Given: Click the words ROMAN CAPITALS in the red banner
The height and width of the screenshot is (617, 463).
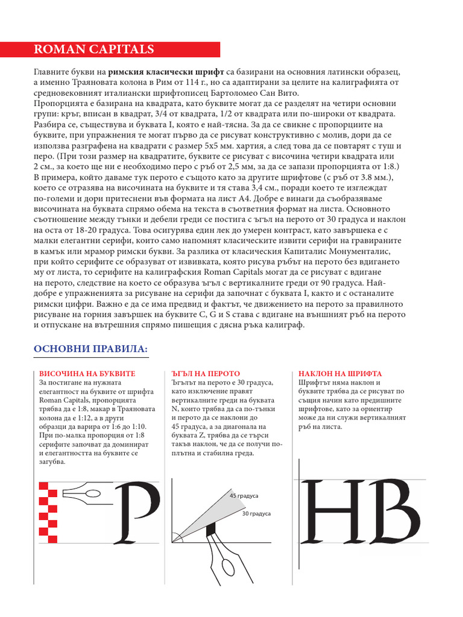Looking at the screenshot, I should click(x=93, y=50).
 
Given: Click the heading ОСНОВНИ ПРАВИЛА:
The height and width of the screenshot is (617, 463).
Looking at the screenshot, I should click(x=90, y=350).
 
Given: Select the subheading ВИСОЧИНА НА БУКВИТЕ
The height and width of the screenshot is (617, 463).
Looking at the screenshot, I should click(x=87, y=374).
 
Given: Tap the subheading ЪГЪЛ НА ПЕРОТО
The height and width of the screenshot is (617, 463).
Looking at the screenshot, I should click(x=206, y=374).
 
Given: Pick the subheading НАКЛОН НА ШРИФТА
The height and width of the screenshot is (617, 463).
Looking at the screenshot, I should click(x=340, y=374).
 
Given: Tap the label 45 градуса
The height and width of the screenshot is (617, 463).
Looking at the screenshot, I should click(x=244, y=496).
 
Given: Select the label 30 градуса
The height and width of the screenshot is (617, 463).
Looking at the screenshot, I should click(x=256, y=514).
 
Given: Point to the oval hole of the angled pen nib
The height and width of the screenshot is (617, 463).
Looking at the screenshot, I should click(x=228, y=568).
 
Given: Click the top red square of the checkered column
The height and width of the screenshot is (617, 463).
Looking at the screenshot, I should click(x=43, y=487).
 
